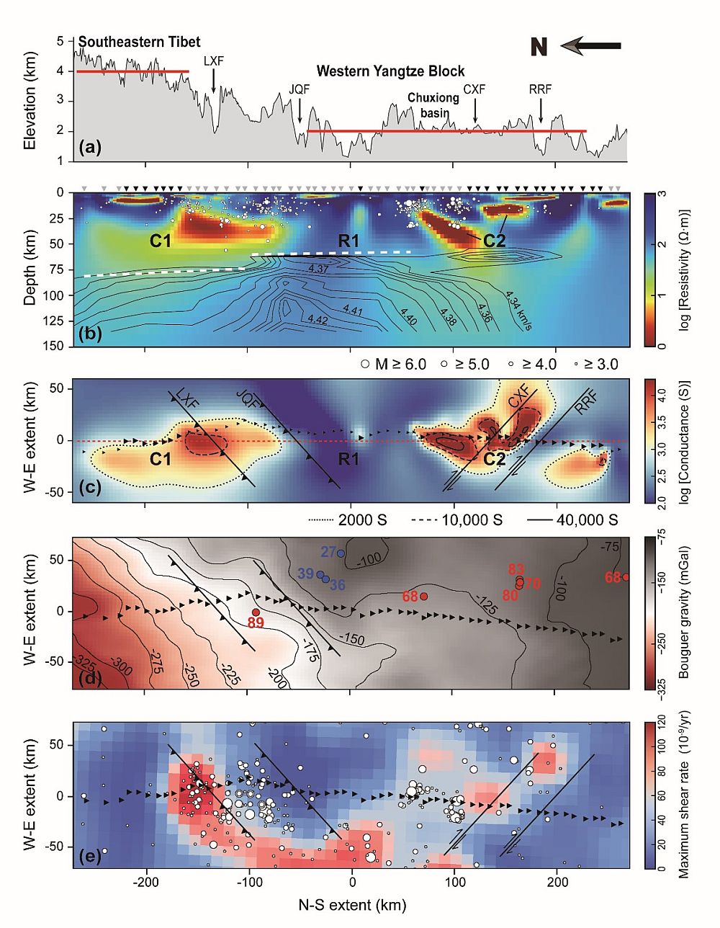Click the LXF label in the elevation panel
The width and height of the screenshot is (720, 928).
213,61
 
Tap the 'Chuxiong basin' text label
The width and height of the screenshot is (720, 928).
429,105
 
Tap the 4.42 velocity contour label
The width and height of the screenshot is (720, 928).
318,318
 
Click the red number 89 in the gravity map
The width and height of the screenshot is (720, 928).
256,623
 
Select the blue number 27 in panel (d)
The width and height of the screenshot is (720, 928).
328,552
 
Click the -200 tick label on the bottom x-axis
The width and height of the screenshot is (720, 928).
146,883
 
